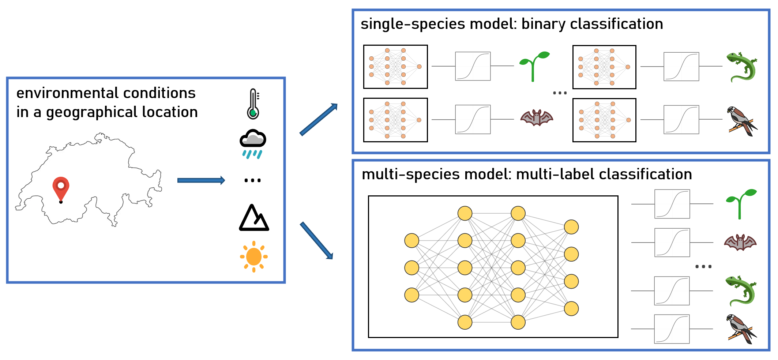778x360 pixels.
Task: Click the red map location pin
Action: point(61,187)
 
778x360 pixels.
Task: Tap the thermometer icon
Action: point(253,104)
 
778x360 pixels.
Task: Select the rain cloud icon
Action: point(253,143)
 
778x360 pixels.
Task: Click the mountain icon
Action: point(254,218)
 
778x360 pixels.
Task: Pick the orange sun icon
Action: point(254,256)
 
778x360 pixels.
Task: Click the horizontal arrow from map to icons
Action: point(201,180)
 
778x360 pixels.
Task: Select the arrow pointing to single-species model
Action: point(318,119)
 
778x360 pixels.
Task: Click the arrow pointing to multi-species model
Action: point(316,240)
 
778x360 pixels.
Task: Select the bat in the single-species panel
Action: point(537,118)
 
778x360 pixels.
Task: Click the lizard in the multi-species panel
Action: point(741,290)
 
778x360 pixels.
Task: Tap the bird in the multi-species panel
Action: point(741,329)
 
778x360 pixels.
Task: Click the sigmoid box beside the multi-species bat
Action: point(672,243)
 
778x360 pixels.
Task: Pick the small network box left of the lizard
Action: point(604,67)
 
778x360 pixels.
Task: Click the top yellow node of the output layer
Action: point(571,227)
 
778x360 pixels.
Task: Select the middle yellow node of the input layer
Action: point(411,268)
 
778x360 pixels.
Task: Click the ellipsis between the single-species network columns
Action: point(560,93)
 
